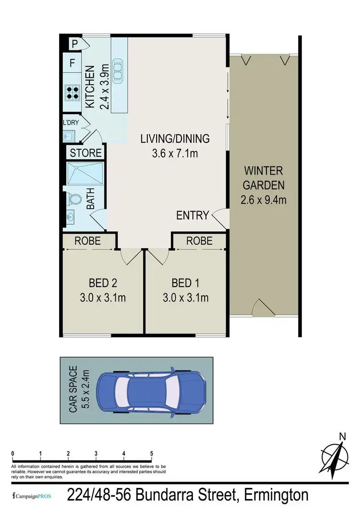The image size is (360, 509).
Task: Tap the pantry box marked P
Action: [74, 44]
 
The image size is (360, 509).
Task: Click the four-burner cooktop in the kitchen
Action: [72, 92]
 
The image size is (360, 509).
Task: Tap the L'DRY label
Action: [72, 123]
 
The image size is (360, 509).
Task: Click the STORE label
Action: [86, 153]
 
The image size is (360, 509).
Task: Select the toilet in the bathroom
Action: [75, 199]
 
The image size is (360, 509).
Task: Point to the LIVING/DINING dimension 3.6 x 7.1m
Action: [175, 154]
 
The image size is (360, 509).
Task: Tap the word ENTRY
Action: [192, 215]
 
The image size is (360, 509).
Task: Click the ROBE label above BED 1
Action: [199, 240]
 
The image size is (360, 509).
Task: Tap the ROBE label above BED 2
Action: [88, 240]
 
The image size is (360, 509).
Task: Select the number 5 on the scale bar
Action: [152, 453]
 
